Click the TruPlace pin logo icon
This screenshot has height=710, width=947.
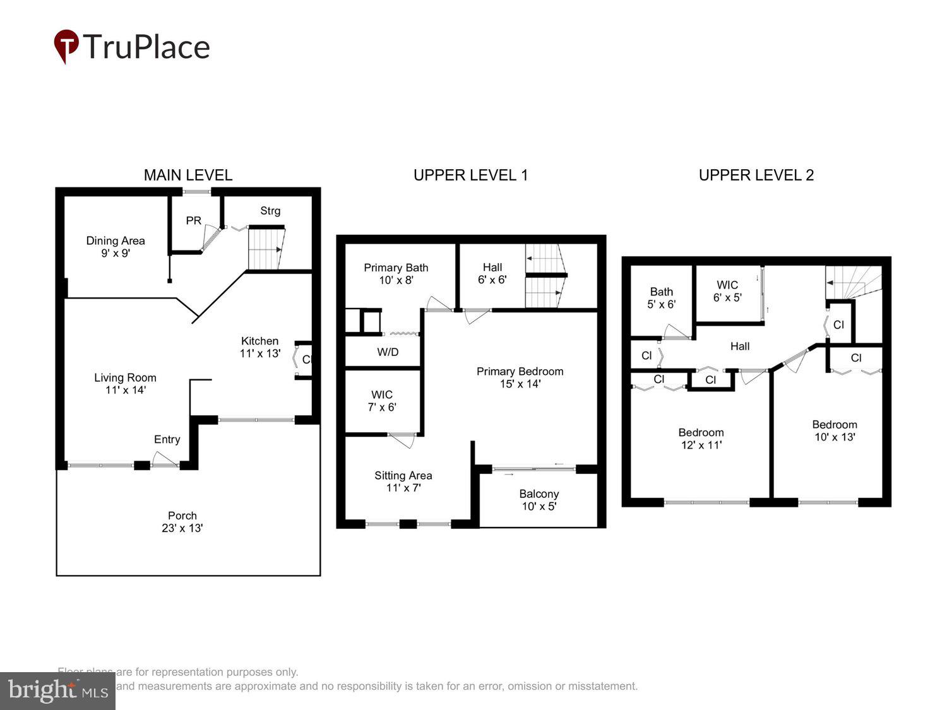point(66,45)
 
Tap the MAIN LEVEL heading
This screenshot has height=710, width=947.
point(188,175)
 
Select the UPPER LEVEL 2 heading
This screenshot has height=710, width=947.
point(756,175)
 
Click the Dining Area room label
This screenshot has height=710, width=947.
point(116,247)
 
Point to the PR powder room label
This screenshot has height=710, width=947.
point(194,221)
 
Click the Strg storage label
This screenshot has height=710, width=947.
point(270,211)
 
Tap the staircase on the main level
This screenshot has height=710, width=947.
point(265,249)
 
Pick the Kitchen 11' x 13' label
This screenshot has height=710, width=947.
point(259,347)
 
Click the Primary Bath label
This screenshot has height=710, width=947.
point(396,274)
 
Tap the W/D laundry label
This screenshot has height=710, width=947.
point(388,352)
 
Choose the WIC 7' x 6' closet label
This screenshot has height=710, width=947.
point(382,401)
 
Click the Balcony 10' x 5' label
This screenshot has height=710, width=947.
point(539,500)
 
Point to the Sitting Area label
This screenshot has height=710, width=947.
point(403,482)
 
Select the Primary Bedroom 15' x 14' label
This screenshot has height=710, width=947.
point(520,377)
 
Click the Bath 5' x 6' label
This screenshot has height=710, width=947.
point(661,298)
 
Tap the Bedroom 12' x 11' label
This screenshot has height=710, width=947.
point(701,439)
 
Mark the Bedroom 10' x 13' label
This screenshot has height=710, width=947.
point(834,430)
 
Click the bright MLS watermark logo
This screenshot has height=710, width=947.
point(57,691)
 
